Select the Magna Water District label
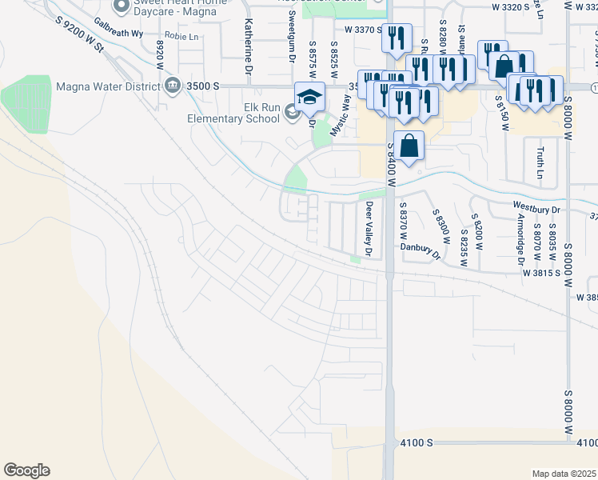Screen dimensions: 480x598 [107, 86]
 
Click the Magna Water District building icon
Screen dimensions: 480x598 [172, 86]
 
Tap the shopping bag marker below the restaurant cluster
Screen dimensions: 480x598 [409, 147]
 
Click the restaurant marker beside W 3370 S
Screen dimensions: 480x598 [397, 38]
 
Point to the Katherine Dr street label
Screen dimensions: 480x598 [249, 38]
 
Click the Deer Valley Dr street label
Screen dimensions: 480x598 [369, 229]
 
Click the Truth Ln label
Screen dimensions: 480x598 [540, 162]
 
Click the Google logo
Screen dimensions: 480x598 [26, 470]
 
